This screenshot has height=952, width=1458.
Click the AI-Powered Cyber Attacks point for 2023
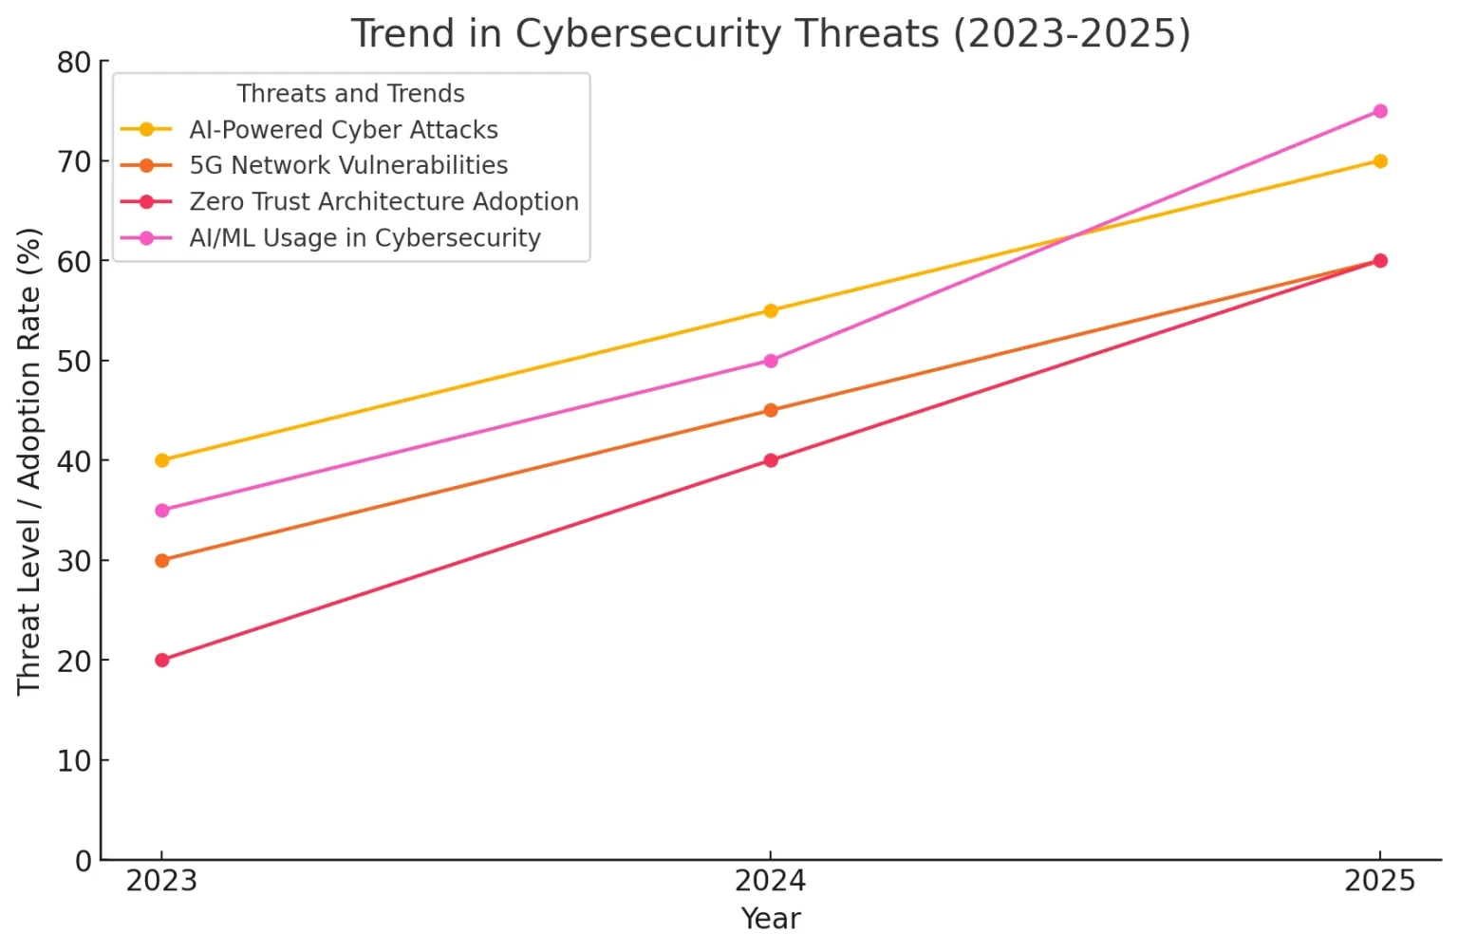pyautogui.click(x=162, y=460)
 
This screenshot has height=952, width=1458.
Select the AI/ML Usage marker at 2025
pyautogui.click(x=1379, y=111)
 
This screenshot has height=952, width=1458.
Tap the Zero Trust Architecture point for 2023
pyautogui.click(x=162, y=660)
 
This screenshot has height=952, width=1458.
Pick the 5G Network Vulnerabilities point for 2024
pyautogui.click(x=771, y=410)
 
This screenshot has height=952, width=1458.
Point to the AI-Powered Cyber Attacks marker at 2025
pyautogui.click(x=1379, y=161)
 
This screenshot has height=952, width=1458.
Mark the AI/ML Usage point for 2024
pyautogui.click(x=771, y=361)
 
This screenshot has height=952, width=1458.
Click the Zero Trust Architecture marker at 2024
pyautogui.click(x=771, y=460)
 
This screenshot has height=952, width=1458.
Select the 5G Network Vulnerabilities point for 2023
pyautogui.click(x=162, y=560)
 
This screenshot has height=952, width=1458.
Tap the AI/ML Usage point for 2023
pyautogui.click(x=162, y=511)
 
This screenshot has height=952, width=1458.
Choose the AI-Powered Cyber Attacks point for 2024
pyautogui.click(x=771, y=310)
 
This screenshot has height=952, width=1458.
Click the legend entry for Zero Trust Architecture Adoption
pyautogui.click(x=383, y=201)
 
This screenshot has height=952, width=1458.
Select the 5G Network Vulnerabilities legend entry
pyautogui.click(x=348, y=165)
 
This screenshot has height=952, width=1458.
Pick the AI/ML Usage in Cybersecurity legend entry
pyautogui.click(x=364, y=237)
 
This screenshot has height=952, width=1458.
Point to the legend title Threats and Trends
pyautogui.click(x=350, y=93)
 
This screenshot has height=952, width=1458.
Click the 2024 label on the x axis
pyautogui.click(x=770, y=881)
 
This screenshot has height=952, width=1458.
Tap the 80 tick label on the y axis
pyautogui.click(x=74, y=63)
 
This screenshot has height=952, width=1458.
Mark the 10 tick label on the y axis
pyautogui.click(x=74, y=760)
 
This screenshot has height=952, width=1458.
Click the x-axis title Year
pyautogui.click(x=770, y=919)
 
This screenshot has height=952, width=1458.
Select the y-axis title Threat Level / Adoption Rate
pyautogui.click(x=28, y=460)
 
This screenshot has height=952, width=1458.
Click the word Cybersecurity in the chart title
pyautogui.click(x=648, y=33)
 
